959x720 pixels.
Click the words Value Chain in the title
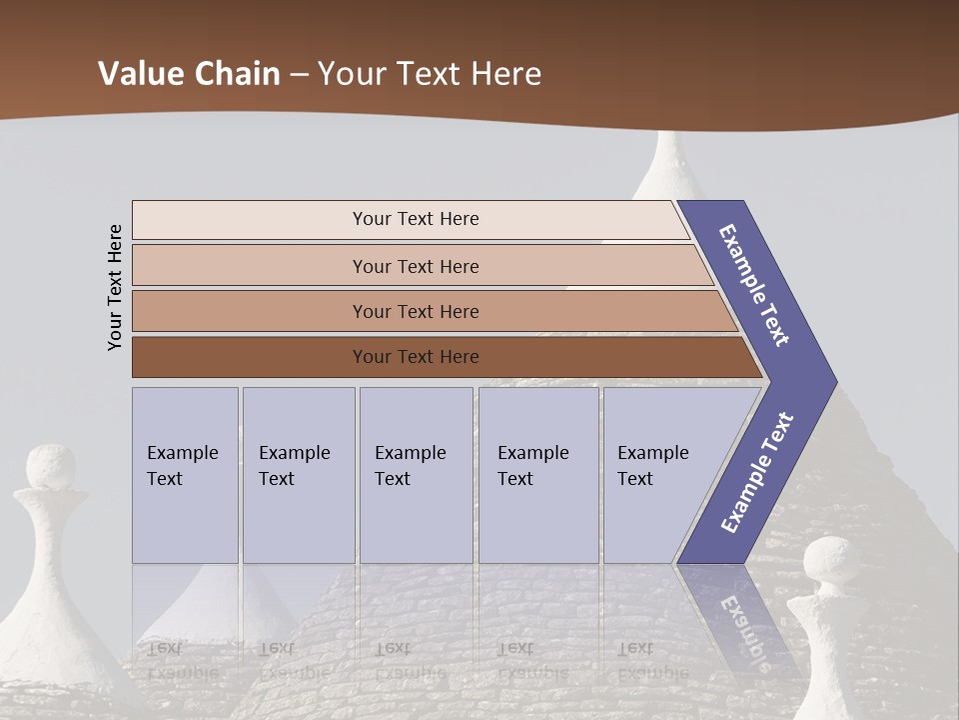coord(189,73)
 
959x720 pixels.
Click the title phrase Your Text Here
coord(430,73)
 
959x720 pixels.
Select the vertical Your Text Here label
coord(115,287)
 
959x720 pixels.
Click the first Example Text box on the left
coord(185,475)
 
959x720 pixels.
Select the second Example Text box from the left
coord(298,475)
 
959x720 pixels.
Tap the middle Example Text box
coord(416,475)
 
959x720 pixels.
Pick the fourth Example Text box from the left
coord(537,475)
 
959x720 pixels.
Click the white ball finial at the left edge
coord(50,468)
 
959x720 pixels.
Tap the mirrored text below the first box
coord(180,660)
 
